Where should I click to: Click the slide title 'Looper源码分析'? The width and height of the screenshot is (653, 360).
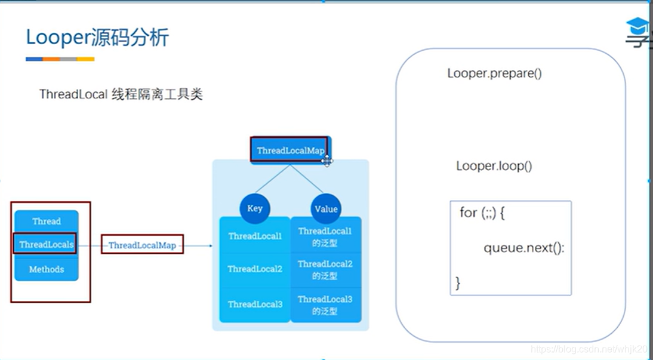pyautogui.click(x=97, y=38)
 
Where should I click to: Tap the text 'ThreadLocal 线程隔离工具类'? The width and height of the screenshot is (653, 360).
pyautogui.click(x=121, y=94)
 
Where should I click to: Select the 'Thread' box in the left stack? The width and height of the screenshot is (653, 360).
pyautogui.click(x=47, y=221)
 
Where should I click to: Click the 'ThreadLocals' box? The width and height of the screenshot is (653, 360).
pyautogui.click(x=46, y=244)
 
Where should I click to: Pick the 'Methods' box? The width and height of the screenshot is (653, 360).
pyautogui.click(x=47, y=269)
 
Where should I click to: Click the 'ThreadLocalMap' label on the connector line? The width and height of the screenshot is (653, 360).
pyautogui.click(x=142, y=245)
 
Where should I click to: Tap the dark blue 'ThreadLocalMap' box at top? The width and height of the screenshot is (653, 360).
pyautogui.click(x=290, y=150)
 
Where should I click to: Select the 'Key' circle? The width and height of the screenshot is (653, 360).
pyautogui.click(x=255, y=208)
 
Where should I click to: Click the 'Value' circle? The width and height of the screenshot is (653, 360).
pyautogui.click(x=326, y=209)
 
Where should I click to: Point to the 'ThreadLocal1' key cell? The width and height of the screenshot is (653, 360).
pyautogui.click(x=255, y=236)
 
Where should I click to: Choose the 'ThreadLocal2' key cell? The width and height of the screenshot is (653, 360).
pyautogui.click(x=255, y=269)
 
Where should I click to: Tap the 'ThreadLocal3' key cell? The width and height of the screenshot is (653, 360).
pyautogui.click(x=255, y=304)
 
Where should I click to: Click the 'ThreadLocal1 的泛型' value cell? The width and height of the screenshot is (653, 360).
pyautogui.click(x=325, y=236)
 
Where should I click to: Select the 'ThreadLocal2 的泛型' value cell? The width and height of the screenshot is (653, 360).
pyautogui.click(x=325, y=269)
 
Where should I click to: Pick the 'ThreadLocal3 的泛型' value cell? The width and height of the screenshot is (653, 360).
pyautogui.click(x=325, y=304)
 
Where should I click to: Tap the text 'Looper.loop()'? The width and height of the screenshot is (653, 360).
pyautogui.click(x=494, y=166)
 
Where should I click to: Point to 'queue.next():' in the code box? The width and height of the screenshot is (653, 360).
pyautogui.click(x=523, y=248)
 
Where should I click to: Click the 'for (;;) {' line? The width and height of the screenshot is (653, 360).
pyautogui.click(x=482, y=213)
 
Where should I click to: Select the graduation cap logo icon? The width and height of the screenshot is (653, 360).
pyautogui.click(x=637, y=27)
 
